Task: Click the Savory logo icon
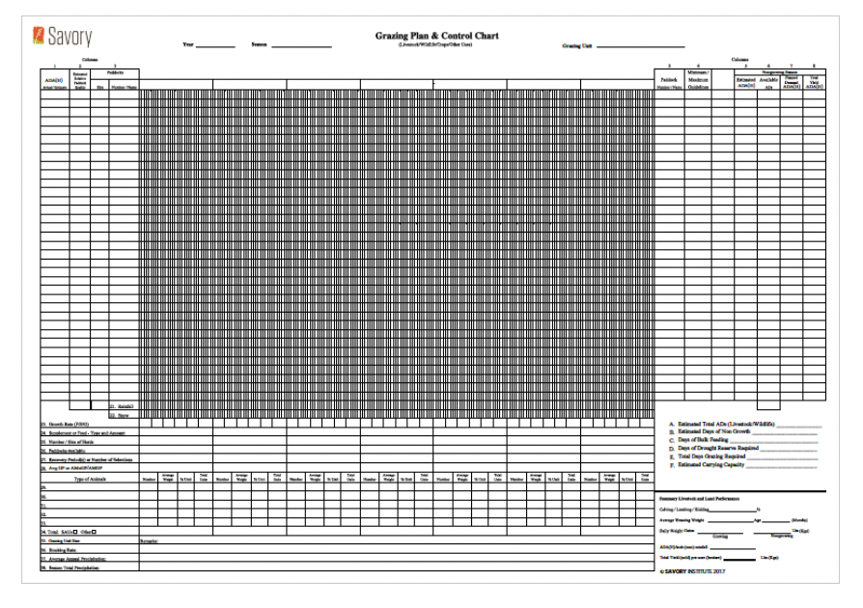pos(39,40)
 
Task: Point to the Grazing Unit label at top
pos(577,44)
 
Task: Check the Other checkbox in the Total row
pos(95,531)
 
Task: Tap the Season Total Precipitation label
pos(71,567)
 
